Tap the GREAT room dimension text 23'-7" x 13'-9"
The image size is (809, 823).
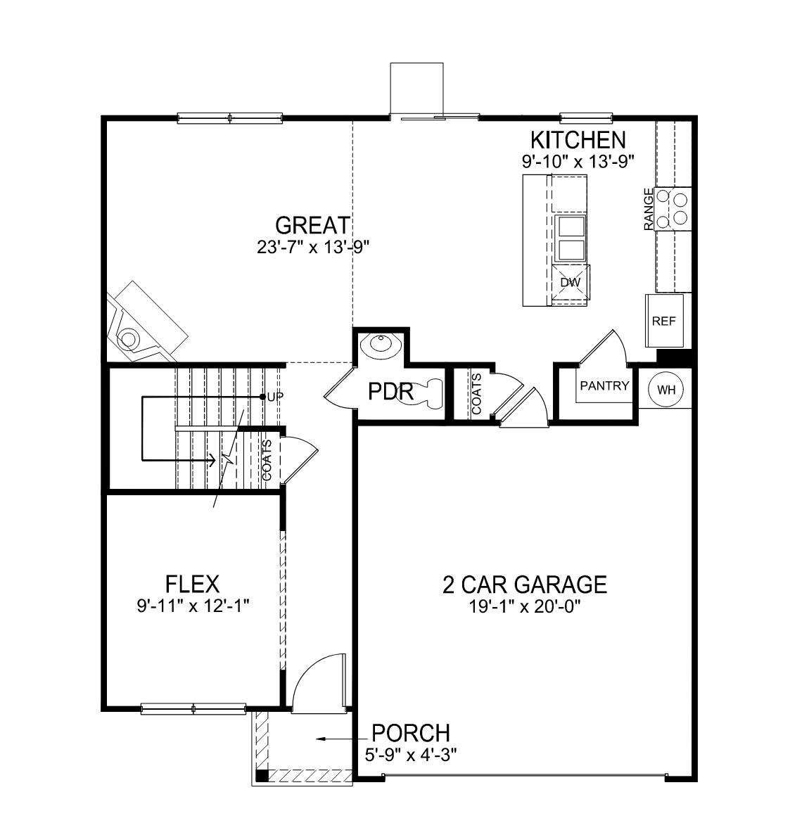(x=313, y=247)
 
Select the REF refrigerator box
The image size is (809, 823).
(x=663, y=321)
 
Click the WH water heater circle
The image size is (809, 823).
(x=664, y=390)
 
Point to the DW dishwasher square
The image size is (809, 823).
(x=570, y=283)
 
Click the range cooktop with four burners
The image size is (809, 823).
(x=672, y=209)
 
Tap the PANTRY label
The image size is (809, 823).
(x=604, y=386)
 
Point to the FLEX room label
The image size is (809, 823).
(x=192, y=584)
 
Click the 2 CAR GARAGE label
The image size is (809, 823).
(x=524, y=585)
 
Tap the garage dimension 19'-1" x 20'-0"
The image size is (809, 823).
(x=524, y=606)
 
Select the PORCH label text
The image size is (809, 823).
(x=410, y=733)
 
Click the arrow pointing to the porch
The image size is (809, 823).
(x=338, y=739)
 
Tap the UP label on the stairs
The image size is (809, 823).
(x=275, y=397)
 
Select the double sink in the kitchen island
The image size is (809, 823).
(x=570, y=238)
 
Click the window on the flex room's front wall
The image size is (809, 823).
(x=193, y=708)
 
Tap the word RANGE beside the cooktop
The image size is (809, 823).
(x=649, y=209)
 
